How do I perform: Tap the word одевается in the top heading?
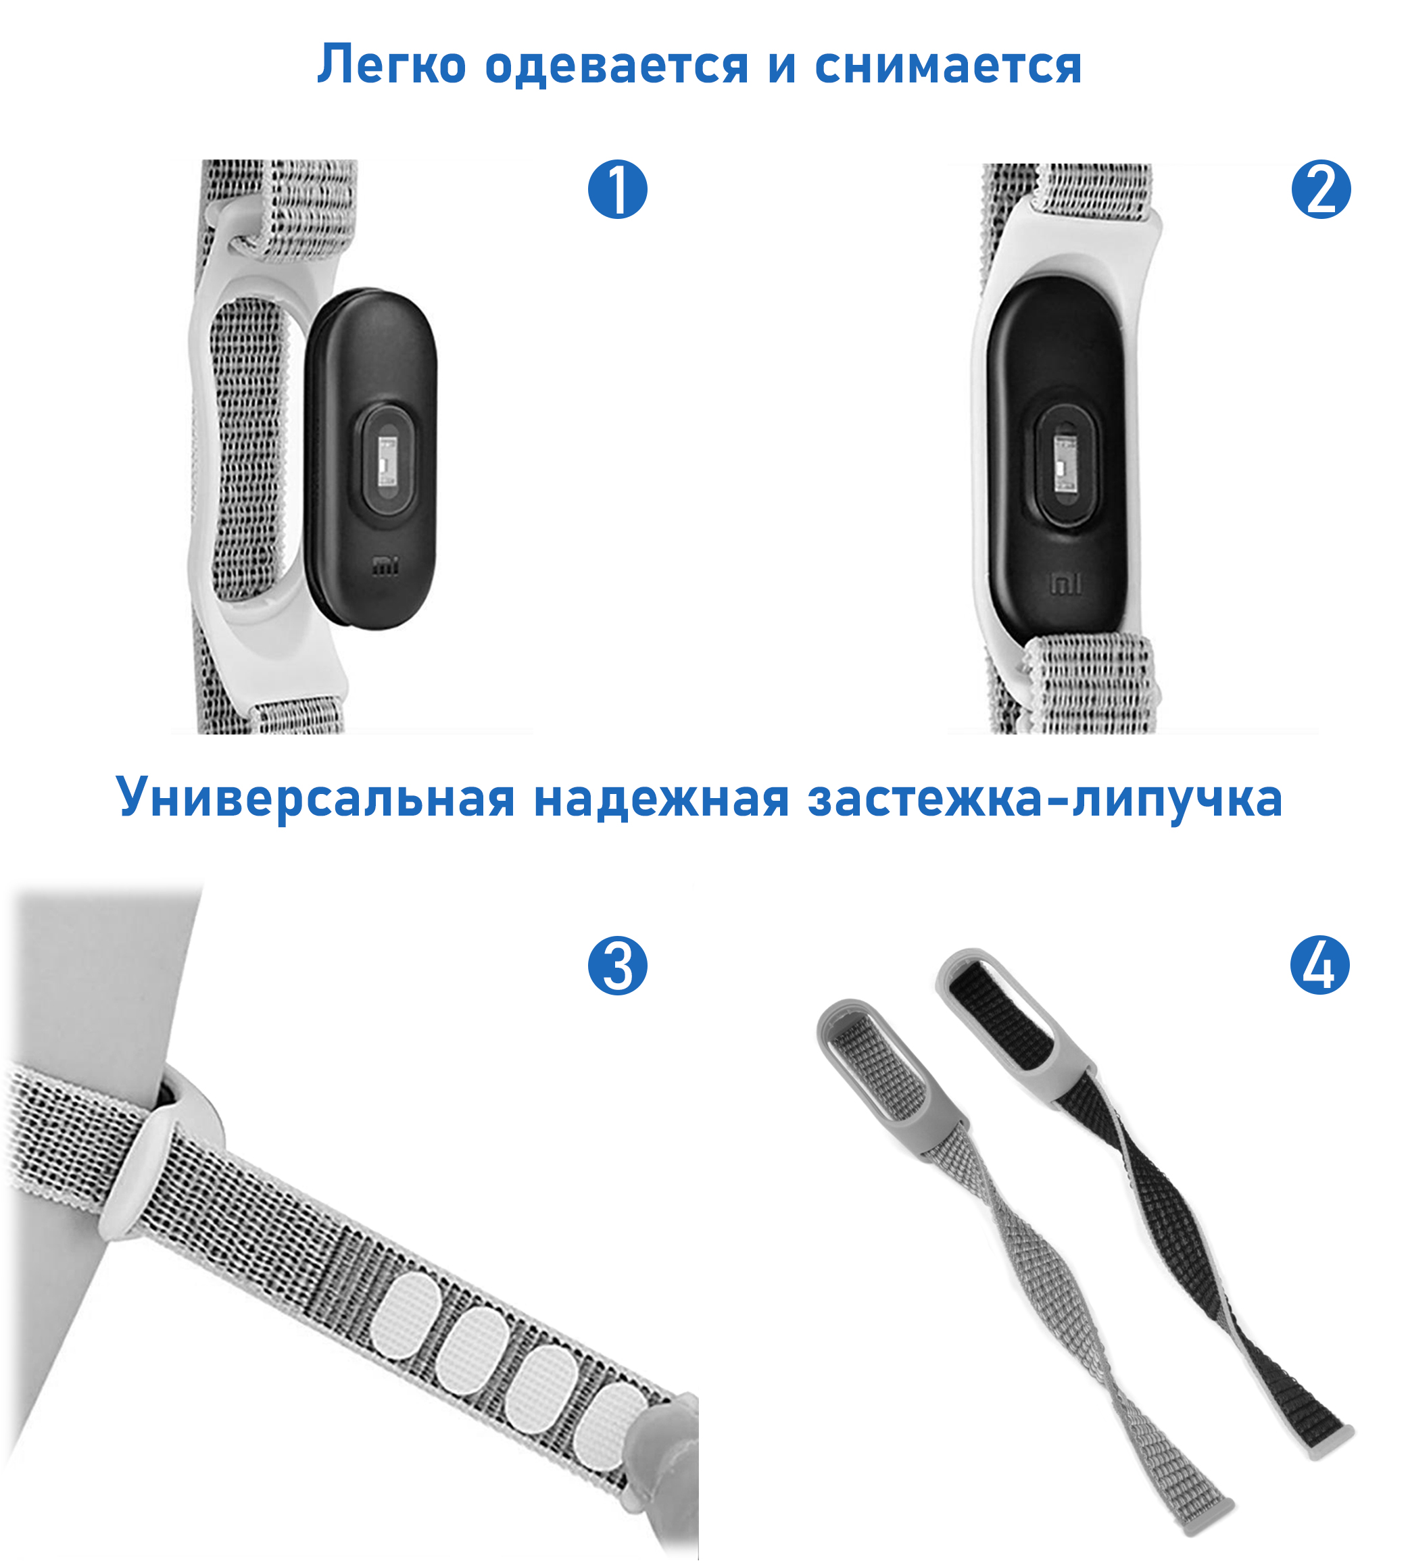pyautogui.click(x=616, y=66)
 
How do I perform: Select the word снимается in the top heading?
pyautogui.click(x=948, y=66)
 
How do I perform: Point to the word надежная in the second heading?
pyautogui.click(x=662, y=797)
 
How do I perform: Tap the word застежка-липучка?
pyautogui.click(x=1044, y=797)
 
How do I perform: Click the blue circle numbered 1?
pyautogui.click(x=617, y=189)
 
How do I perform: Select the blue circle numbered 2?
pyautogui.click(x=1321, y=189)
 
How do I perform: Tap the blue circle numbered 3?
pyautogui.click(x=617, y=966)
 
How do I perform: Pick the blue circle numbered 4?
pyautogui.click(x=1320, y=966)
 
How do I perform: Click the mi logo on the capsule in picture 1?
pyautogui.click(x=385, y=567)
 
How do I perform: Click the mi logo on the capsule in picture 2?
pyautogui.click(x=1065, y=584)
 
